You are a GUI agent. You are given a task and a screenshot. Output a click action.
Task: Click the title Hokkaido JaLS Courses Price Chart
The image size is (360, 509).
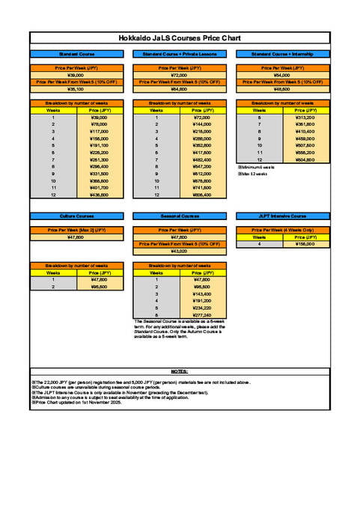[x=180, y=37]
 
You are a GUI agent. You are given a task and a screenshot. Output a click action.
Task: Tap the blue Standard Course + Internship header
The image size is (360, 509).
[x=282, y=55]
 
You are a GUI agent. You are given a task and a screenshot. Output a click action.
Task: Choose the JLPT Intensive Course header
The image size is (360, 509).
[x=282, y=216]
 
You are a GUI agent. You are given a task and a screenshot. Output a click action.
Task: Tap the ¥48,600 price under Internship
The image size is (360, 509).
[x=282, y=89]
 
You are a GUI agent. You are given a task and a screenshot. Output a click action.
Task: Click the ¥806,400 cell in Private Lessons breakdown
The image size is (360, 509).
[x=203, y=195]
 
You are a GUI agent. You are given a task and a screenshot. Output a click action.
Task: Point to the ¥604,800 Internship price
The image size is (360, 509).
[x=305, y=159]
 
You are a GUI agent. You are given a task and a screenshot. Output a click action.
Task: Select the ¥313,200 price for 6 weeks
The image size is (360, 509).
[x=305, y=118]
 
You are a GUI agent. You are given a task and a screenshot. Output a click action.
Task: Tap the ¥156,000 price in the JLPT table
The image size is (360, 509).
[x=305, y=244]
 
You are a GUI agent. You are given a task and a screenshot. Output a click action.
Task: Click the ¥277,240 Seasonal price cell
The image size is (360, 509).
[x=203, y=315]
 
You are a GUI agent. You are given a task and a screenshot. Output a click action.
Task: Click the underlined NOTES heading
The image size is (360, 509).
[x=180, y=371]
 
